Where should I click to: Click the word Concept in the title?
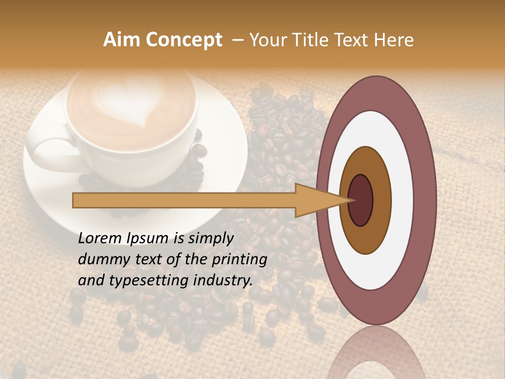[184, 40]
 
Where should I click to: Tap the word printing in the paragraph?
[240, 260]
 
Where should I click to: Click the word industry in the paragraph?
[223, 280]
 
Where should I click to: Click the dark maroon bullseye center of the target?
[361, 200]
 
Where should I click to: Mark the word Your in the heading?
[267, 40]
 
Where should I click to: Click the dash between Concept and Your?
[237, 41]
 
